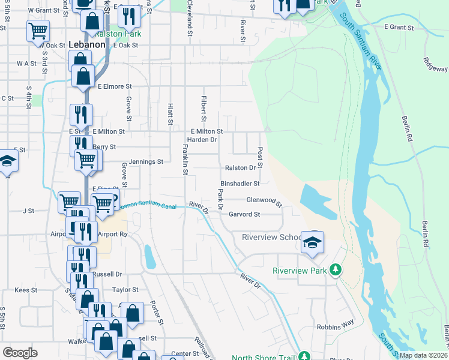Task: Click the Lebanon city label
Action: [x=88, y=44]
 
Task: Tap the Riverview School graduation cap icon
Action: [x=312, y=242]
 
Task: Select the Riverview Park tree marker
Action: [x=336, y=271]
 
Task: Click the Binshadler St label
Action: [x=240, y=184]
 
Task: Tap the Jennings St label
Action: [x=143, y=161]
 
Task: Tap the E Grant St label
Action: [x=399, y=28]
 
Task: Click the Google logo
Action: [x=20, y=353]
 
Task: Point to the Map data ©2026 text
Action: [x=423, y=355]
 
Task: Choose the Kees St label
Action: [x=26, y=290]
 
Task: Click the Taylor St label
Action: [x=125, y=289]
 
